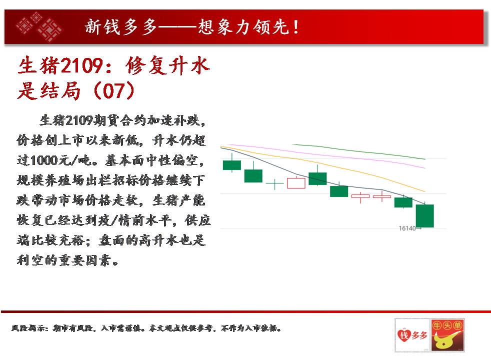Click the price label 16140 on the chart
(407, 228)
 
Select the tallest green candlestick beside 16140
(425, 215)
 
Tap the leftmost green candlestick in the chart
(231, 165)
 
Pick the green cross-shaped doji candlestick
(274, 184)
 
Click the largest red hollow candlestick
(296, 183)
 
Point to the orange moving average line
(323, 166)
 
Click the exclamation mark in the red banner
(296, 27)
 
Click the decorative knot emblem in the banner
(39, 26)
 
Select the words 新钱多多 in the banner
(120, 27)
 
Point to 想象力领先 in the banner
(243, 27)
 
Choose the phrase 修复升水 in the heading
(167, 65)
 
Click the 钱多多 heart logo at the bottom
(412, 335)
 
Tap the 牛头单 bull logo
(447, 335)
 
